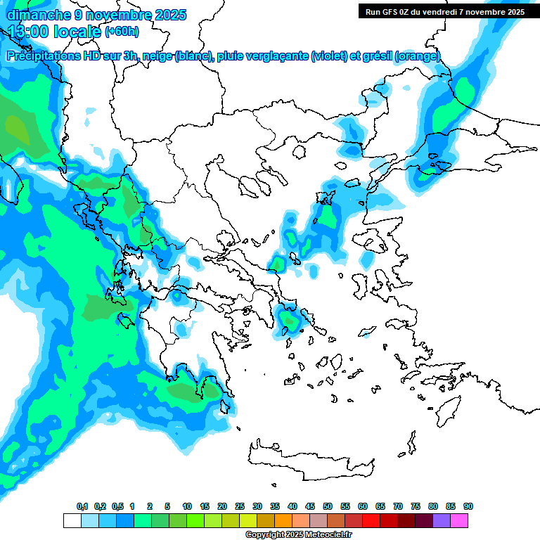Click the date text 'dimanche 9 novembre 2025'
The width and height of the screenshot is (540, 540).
pyautogui.click(x=96, y=14)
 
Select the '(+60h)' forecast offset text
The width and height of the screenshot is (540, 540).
pyautogui.click(x=122, y=32)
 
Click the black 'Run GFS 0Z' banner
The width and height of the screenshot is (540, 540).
pyautogui.click(x=443, y=11)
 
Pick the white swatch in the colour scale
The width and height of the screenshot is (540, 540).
pyautogui.click(x=72, y=521)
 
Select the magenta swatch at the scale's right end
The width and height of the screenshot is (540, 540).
pyautogui.click(x=460, y=521)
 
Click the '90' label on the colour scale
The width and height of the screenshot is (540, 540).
pyautogui.click(x=468, y=506)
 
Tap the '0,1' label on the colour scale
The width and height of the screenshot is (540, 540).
pyautogui.click(x=82, y=506)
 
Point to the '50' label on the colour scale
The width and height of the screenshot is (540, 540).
pyautogui.click(x=328, y=506)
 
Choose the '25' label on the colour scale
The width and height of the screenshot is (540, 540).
pyautogui.click(x=240, y=506)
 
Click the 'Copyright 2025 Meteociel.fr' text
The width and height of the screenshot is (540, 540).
pyautogui.click(x=298, y=535)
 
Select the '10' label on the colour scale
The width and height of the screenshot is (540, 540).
pyautogui.click(x=187, y=506)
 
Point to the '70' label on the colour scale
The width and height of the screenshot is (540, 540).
pyautogui.click(x=398, y=506)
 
